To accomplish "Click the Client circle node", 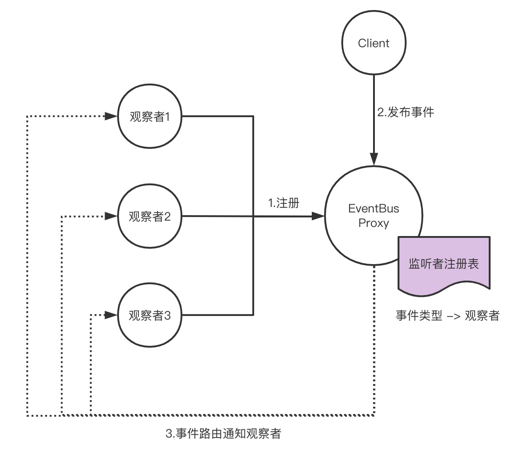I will pyautogui.click(x=374, y=44).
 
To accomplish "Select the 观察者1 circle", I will pyautogui.click(x=149, y=117).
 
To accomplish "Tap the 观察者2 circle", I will pyautogui.click(x=149, y=216).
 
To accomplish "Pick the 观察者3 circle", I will pyautogui.click(x=149, y=315).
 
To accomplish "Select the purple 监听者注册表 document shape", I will pyautogui.click(x=444, y=263).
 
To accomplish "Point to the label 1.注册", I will pyautogui.click(x=284, y=203).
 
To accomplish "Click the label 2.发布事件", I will pyautogui.click(x=406, y=112).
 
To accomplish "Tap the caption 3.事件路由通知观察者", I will pyautogui.click(x=223, y=433).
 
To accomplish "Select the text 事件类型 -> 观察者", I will pyautogui.click(x=447, y=316).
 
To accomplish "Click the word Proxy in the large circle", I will pyautogui.click(x=374, y=223).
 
